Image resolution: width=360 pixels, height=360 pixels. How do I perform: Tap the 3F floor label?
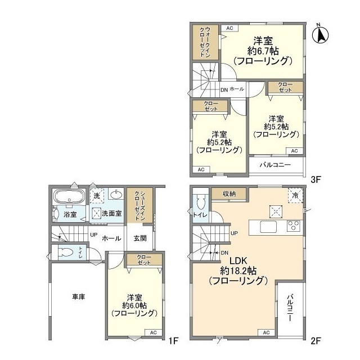(x=315, y=180)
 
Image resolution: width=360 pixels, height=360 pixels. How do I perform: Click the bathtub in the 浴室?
(x=68, y=197)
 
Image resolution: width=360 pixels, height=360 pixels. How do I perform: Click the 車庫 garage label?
(x=78, y=296)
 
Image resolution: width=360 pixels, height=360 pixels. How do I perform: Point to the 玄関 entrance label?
(x=140, y=238)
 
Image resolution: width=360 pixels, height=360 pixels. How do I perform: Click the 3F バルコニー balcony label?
(x=275, y=165)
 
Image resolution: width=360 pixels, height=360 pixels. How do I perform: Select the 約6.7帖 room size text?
(x=263, y=51)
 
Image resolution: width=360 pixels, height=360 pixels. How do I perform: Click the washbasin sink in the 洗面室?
(x=116, y=195)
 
